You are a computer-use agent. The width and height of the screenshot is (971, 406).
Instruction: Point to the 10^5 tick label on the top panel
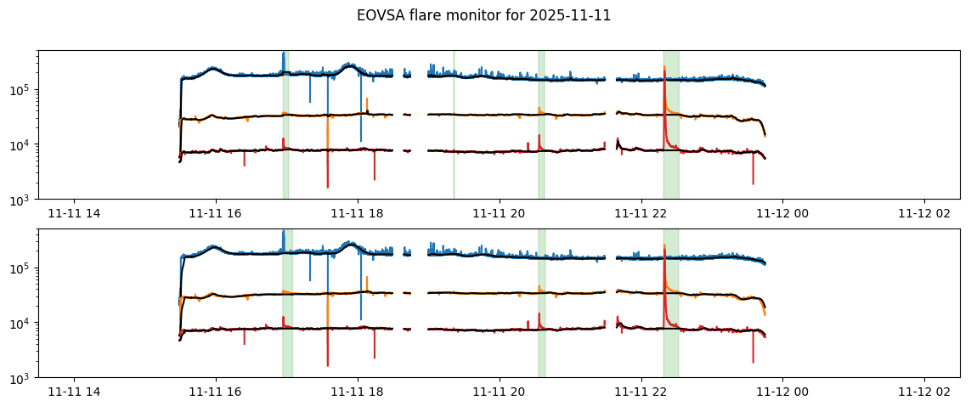click(x=23, y=90)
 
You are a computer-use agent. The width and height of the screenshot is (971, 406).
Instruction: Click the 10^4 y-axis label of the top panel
click(x=23, y=144)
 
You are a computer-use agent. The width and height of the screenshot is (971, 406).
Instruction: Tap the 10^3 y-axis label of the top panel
click(x=23, y=200)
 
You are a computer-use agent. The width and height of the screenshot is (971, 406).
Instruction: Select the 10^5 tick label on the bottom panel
click(x=23, y=268)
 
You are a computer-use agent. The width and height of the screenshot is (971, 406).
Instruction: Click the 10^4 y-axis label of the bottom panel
click(x=23, y=323)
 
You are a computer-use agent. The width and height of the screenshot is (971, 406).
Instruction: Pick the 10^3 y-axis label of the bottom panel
click(x=23, y=378)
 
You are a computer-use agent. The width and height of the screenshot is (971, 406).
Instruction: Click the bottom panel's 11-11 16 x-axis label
click(x=216, y=392)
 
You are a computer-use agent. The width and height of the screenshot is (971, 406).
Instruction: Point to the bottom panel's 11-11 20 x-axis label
click(x=500, y=392)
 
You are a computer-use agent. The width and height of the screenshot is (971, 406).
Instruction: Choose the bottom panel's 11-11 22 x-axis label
click(x=641, y=392)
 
